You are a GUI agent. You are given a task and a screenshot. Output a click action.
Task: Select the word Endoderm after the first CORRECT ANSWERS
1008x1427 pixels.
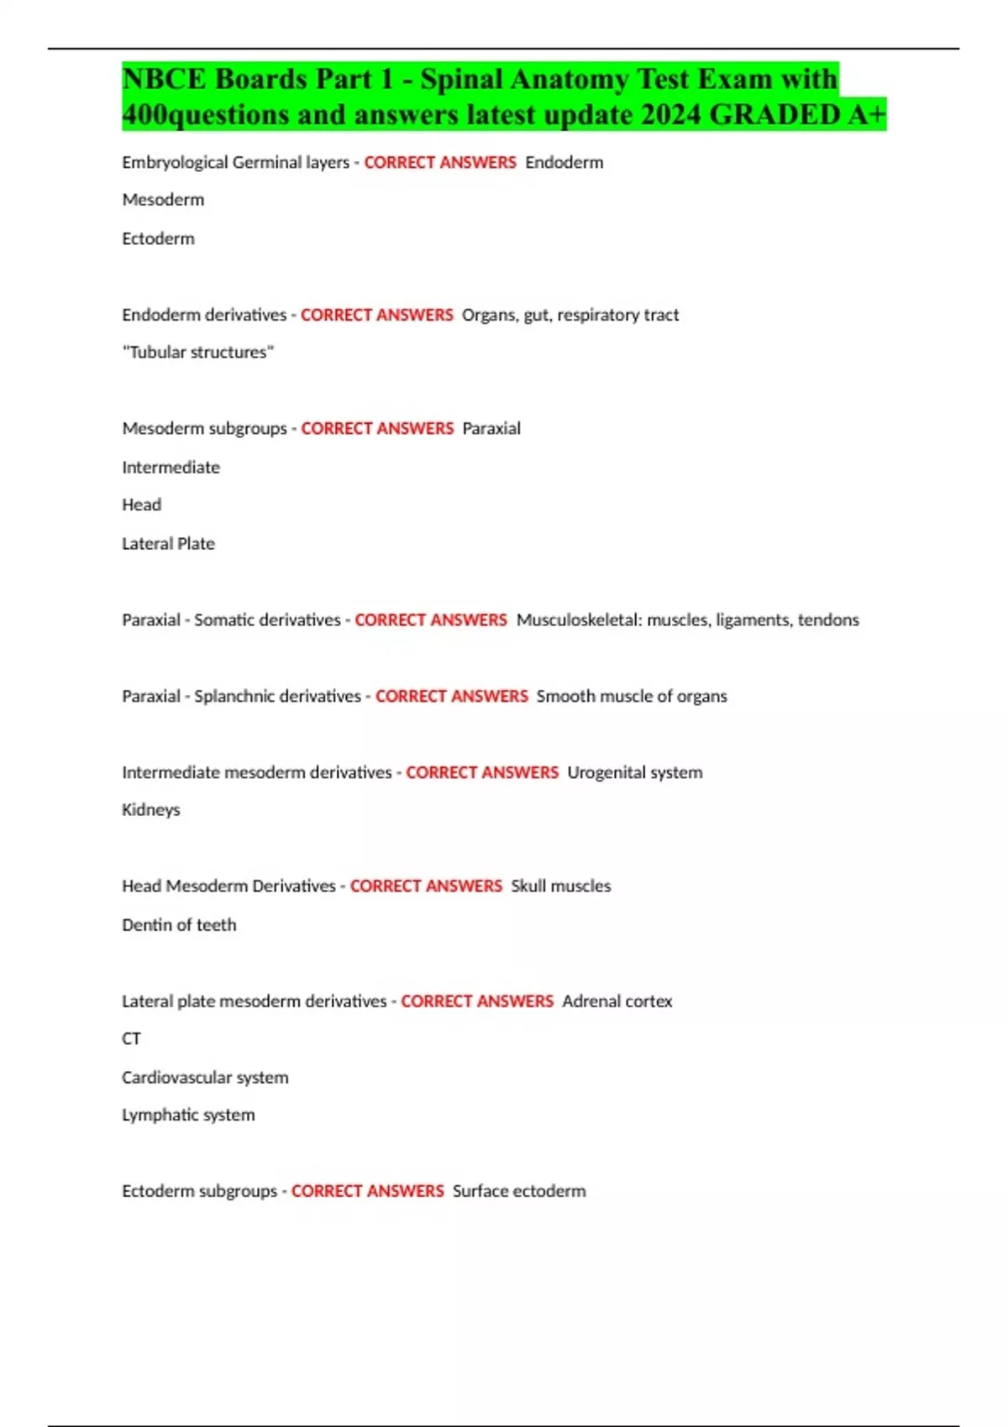point(564,163)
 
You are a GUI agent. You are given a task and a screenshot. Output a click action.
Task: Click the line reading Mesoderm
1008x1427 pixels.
point(163,200)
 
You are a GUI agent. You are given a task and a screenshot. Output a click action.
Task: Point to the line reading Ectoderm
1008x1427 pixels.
point(158,238)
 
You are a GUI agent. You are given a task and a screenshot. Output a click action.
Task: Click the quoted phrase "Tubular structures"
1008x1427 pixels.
point(198,353)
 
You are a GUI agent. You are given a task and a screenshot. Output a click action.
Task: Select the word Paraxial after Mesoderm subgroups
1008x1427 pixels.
point(491,429)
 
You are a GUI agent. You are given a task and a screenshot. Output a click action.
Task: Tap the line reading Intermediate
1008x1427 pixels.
point(171,468)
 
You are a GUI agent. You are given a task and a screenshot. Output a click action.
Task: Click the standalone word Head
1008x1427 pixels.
point(141,504)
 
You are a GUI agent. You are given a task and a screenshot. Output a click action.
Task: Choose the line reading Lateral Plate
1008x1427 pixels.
point(168,544)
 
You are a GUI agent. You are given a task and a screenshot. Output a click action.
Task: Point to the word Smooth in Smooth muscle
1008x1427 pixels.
point(565,697)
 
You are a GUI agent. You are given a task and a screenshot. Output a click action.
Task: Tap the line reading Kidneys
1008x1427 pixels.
point(151,810)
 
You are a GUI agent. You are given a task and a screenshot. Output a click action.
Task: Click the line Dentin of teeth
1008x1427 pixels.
point(179,925)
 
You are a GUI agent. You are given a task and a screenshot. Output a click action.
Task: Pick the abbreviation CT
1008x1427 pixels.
point(131,1039)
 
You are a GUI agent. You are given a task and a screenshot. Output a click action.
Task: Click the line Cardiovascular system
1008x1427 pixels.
point(205,1078)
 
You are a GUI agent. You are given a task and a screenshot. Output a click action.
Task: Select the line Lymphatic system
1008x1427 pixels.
point(188,1116)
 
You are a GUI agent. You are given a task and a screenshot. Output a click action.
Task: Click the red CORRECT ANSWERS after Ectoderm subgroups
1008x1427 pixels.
point(367,1192)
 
